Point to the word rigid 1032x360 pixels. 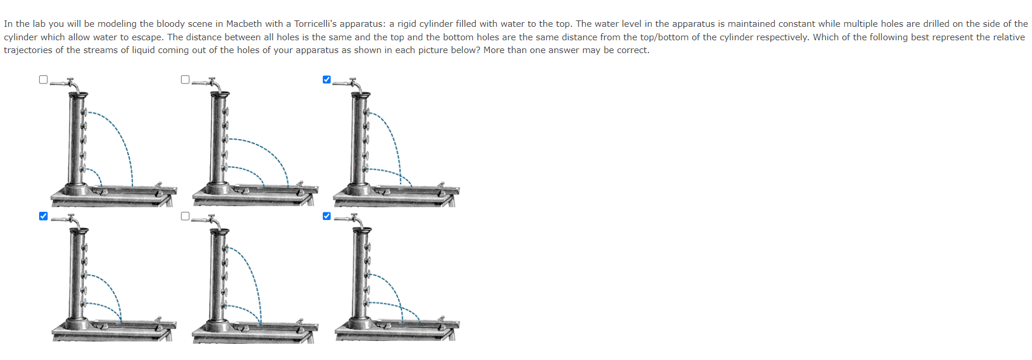pos(409,24)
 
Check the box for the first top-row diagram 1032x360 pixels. pos(43,79)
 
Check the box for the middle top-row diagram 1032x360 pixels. pos(185,79)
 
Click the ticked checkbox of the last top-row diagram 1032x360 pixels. pos(327,79)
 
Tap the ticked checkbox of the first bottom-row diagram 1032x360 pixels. pos(43,216)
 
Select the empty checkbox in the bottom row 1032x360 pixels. pos(185,216)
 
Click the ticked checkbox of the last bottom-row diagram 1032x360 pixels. pos(327,216)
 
